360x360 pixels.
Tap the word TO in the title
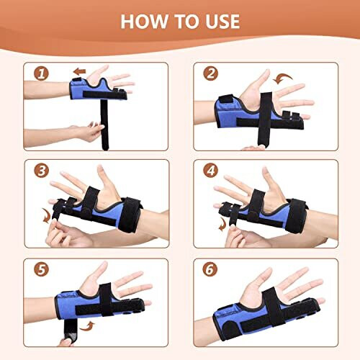186,21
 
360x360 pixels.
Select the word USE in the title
220,21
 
